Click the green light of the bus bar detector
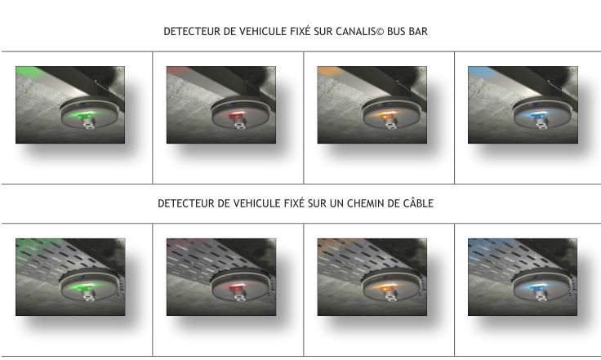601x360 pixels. pyautogui.click(x=82, y=117)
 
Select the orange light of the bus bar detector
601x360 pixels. pyautogui.click(x=385, y=117)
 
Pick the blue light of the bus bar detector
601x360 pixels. pyautogui.click(x=536, y=117)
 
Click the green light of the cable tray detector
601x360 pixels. pyautogui.click(x=82, y=288)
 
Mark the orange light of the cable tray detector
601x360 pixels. pyautogui.click(x=385, y=288)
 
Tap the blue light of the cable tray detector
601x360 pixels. pyautogui.click(x=536, y=288)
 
